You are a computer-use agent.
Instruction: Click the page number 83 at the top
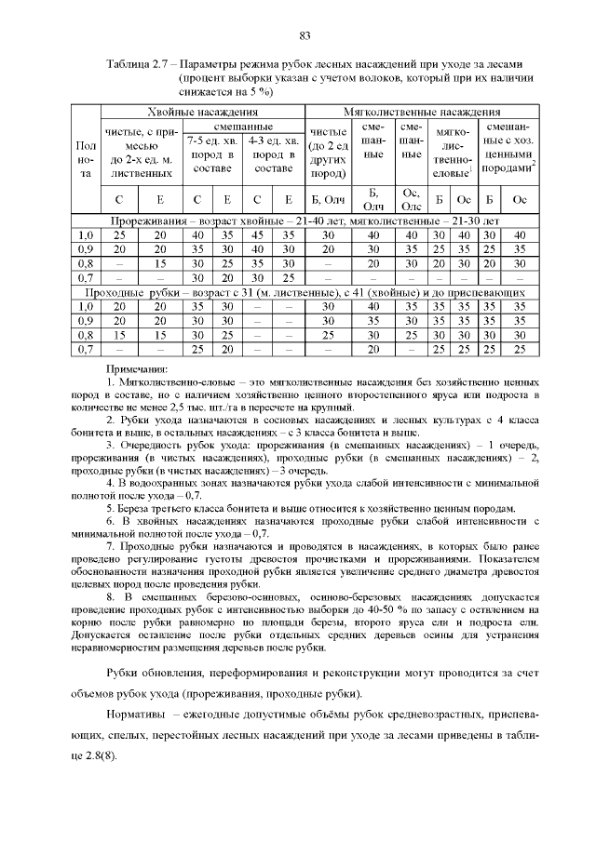pos(304,36)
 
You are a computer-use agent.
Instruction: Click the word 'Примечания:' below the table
pos(137,369)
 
